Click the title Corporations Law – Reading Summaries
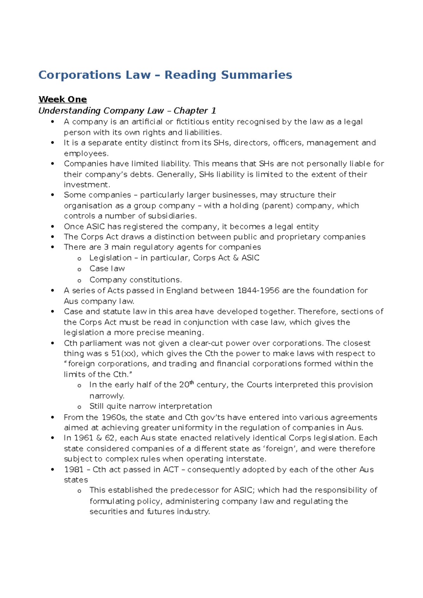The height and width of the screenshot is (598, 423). point(165,75)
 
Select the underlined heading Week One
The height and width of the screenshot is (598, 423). point(63,99)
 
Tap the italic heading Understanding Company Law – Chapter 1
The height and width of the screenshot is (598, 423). point(127,111)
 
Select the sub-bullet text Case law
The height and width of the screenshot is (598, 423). point(107,269)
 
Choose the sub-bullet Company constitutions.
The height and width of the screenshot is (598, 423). point(135,280)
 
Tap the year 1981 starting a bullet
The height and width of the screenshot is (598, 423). point(73,469)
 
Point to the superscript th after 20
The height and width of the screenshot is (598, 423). point(192,383)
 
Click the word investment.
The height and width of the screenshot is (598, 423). point(87,185)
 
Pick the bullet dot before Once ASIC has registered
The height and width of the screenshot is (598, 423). point(53,227)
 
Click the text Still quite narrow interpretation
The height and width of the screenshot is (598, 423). point(151,406)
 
